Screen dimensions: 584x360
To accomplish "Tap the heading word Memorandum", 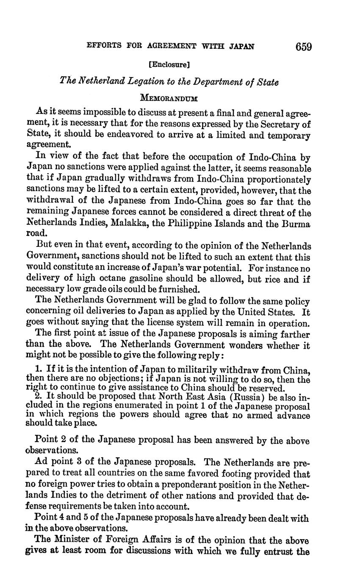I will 169,98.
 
